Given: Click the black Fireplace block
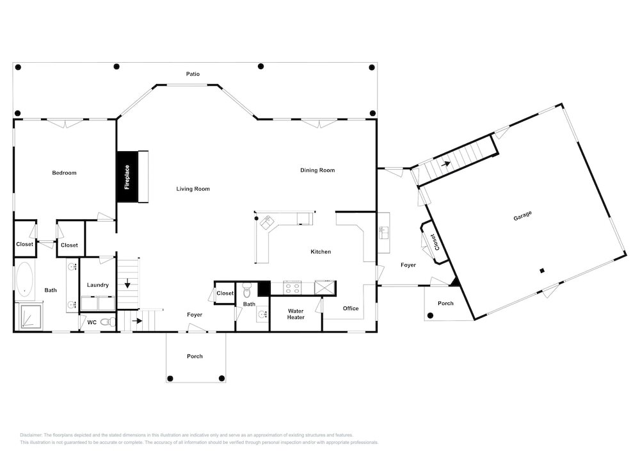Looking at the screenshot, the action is (127, 176).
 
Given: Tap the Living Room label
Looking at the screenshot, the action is (193, 189).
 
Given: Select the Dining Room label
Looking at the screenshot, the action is (317, 170).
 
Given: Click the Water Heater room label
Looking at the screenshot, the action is (296, 314).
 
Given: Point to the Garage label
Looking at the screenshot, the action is (522, 215).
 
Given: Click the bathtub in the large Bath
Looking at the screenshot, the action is (25, 279).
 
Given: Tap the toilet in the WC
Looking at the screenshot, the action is (108, 322).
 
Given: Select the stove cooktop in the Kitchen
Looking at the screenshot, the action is (292, 287).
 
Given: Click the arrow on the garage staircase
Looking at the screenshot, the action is (445, 164).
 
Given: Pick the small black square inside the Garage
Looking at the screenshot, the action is (542, 270).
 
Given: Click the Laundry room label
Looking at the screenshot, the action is (98, 284).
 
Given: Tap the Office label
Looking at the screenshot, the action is (351, 308).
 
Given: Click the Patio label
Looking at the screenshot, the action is (193, 74).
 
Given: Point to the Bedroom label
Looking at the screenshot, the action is (64, 173).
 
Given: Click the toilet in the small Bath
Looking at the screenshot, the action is (247, 290).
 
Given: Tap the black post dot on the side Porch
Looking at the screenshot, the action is (430, 315).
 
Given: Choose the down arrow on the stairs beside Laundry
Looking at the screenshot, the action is (128, 283).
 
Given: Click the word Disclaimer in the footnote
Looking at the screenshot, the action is (31, 435).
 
